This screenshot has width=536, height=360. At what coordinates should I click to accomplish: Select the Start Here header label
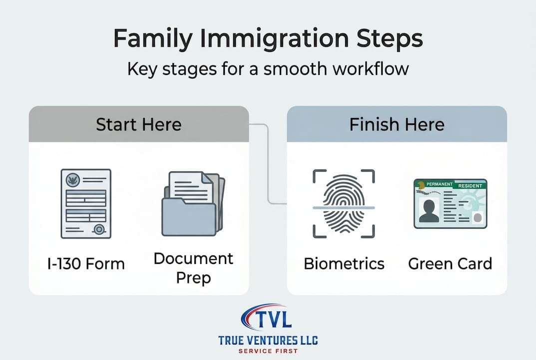[138, 124]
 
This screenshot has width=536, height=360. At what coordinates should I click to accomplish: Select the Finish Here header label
[397, 124]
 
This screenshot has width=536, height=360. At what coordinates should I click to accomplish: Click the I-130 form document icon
[86, 203]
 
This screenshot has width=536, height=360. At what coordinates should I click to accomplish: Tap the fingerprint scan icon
[344, 203]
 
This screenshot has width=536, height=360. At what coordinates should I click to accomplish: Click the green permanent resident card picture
[450, 203]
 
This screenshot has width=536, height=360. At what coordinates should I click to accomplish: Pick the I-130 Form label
[86, 264]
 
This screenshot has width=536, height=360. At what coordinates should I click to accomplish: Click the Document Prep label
[193, 268]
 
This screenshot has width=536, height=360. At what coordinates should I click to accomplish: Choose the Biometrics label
[344, 264]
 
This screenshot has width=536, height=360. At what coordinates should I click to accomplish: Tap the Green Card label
[450, 264]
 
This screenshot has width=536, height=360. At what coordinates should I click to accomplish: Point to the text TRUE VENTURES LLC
[268, 340]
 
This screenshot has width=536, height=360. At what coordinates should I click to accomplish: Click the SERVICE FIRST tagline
[268, 351]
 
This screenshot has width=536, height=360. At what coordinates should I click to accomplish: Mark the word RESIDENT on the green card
[470, 186]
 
